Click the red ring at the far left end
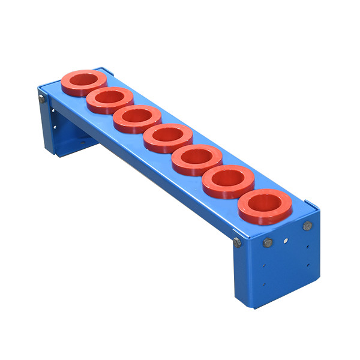point(84,82)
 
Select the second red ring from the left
point(110,99)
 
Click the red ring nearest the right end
point(265,205)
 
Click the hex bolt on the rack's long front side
point(238,242)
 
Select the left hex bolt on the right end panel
point(268,243)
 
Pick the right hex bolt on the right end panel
point(307,226)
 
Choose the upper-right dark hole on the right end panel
point(308,246)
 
